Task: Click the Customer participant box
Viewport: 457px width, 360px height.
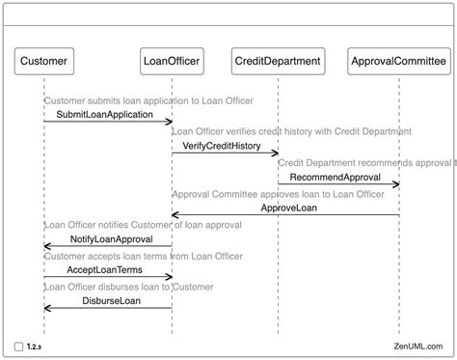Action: point(44,61)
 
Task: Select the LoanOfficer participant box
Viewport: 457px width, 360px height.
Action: point(172,61)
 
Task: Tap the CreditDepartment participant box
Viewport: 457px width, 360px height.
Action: point(279,61)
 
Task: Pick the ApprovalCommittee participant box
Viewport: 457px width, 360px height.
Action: point(399,61)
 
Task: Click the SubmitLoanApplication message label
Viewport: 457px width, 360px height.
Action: point(105,115)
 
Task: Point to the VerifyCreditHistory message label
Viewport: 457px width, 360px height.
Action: point(222,146)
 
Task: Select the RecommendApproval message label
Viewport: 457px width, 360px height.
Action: point(336,177)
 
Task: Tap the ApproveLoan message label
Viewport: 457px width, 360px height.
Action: point(289,208)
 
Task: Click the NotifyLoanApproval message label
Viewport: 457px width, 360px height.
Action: point(112,239)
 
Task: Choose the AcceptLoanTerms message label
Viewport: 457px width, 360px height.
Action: point(105,269)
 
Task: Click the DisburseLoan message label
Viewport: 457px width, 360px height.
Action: point(112,301)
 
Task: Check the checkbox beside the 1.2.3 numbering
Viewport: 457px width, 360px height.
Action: point(18,346)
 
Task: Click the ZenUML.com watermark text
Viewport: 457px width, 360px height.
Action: point(418,346)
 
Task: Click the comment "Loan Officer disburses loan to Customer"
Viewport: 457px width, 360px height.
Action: point(128,287)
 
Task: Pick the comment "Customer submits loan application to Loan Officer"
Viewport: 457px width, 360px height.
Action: point(148,100)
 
